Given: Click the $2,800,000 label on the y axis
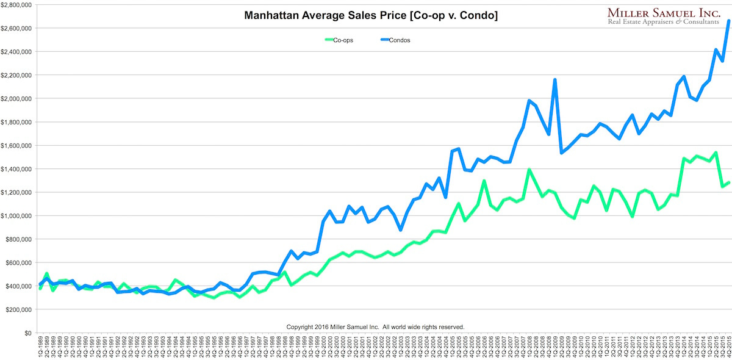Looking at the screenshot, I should tap(16, 4).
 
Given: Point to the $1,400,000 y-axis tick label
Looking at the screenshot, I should tap(16, 169).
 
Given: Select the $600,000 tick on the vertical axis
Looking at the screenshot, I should tap(18, 263).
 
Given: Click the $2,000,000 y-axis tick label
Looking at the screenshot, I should tap(16, 98).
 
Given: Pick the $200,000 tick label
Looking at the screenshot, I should tap(18, 310).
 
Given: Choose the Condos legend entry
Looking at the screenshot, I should tap(400, 40).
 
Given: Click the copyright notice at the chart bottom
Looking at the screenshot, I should tap(375, 327).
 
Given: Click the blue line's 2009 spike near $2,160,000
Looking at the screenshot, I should tap(554, 79).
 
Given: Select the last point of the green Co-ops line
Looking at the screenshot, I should tap(728, 182).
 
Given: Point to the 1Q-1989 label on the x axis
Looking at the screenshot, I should tap(40, 348).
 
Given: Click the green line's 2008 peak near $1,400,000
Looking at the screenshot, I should tap(529, 170).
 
